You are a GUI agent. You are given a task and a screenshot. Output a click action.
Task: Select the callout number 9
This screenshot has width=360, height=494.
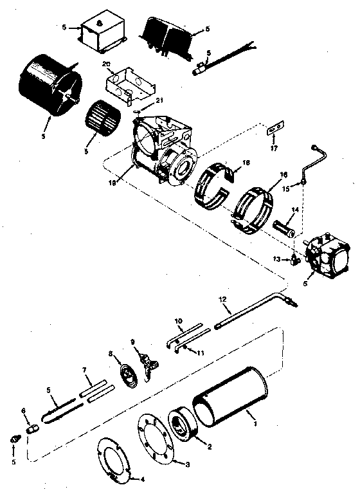pyautogui.click(x=134, y=342)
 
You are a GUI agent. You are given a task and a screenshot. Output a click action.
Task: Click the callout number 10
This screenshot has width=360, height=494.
pyautogui.click(x=178, y=320)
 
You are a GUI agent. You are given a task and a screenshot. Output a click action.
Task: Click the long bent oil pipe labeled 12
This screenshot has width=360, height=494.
pyautogui.click(x=251, y=316)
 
